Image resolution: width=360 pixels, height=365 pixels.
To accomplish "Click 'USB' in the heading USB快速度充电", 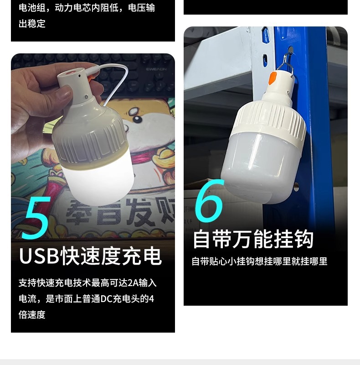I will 39,256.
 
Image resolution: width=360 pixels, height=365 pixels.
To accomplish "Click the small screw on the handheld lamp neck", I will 85,96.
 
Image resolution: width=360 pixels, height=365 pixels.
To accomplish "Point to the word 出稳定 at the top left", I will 32,24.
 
